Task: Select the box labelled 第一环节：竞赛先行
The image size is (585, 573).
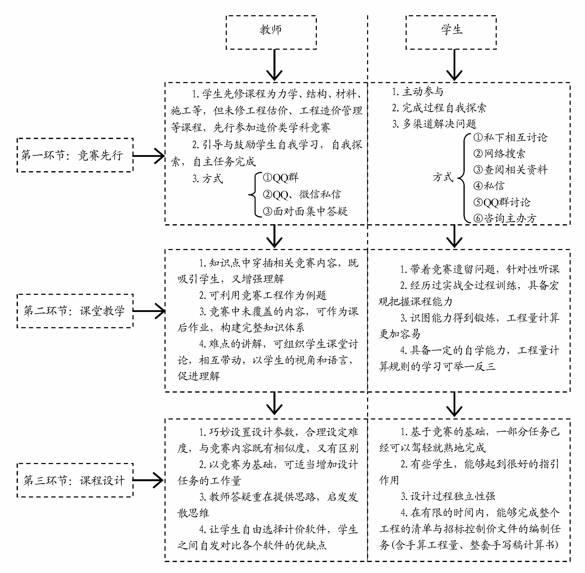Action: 75,155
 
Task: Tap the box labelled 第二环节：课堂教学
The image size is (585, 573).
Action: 75,311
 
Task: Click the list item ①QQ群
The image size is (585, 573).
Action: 281,178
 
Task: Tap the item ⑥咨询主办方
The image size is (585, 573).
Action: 505,218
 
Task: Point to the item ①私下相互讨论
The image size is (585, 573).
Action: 510,138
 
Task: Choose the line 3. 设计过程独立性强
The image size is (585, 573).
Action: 448,496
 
